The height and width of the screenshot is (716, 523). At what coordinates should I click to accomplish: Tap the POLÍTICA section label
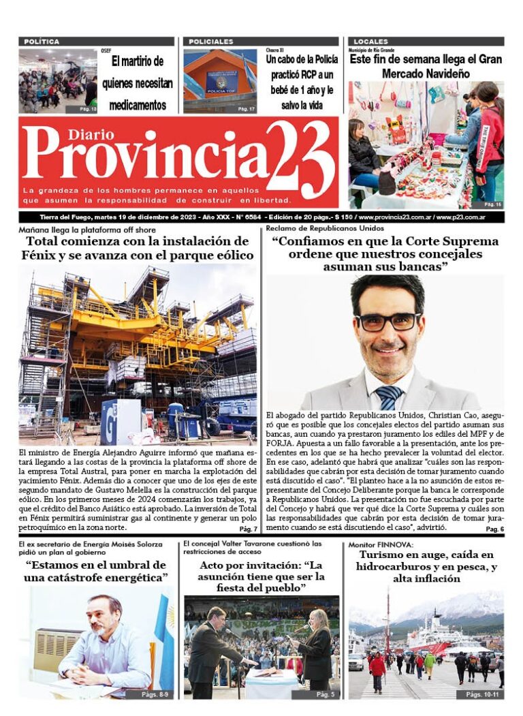point(42,42)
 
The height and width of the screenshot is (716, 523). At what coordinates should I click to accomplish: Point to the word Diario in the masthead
point(87,134)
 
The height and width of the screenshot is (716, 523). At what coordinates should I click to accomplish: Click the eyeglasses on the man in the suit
point(389,321)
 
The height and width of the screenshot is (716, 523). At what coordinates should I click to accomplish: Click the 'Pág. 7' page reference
point(248,529)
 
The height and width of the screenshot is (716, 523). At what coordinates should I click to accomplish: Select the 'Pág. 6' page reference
point(494,529)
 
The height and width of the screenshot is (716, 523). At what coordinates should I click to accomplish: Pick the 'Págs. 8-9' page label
point(157,694)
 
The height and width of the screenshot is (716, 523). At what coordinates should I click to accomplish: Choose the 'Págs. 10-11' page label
point(484,694)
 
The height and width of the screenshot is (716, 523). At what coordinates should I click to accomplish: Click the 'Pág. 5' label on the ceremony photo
point(326,694)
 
